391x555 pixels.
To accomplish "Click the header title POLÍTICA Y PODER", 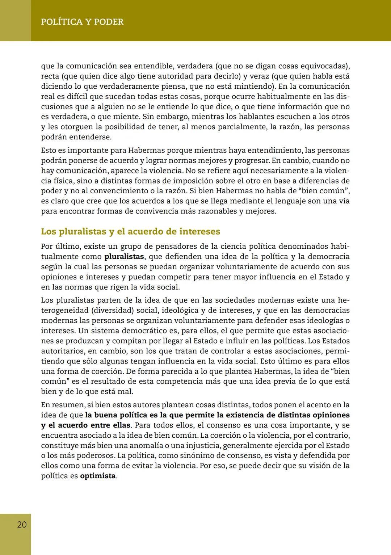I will pos(82,22).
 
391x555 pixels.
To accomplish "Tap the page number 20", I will pos(22,525).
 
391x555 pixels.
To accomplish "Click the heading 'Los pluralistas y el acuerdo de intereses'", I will pos(130,231).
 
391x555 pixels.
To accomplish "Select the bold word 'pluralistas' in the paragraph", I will pos(124,257).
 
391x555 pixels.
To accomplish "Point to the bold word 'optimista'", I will pos(98,476).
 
